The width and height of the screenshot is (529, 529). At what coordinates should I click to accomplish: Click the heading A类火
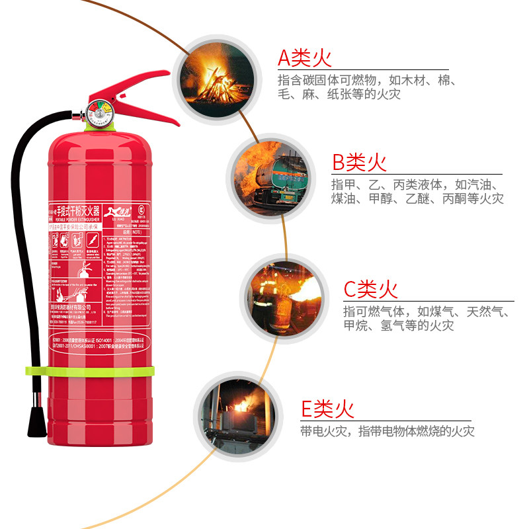click(304, 58)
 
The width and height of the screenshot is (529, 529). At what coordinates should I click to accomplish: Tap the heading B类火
click(359, 162)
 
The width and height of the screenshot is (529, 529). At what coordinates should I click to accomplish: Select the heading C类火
click(370, 289)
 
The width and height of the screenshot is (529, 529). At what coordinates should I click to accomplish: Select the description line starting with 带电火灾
click(387, 432)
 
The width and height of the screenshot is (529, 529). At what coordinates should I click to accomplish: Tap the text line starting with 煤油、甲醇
click(417, 198)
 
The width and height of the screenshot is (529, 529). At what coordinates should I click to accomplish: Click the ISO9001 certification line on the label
click(99, 338)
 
